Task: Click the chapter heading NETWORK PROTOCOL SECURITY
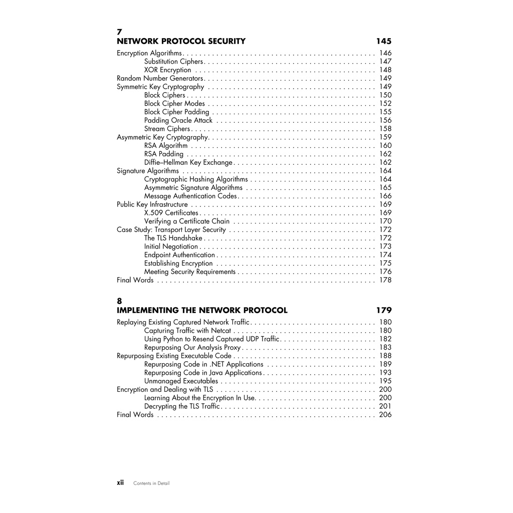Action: [x=181, y=42]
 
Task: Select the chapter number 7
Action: [x=119, y=33]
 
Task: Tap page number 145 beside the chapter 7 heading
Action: [x=384, y=42]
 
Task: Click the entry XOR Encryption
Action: [x=167, y=70]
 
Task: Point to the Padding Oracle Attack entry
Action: [x=178, y=121]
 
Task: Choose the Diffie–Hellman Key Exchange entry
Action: [x=188, y=163]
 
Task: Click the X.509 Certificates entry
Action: [x=171, y=213]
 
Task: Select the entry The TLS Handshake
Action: [x=173, y=238]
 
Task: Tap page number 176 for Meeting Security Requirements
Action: [x=385, y=272]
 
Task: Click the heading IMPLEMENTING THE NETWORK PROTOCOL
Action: [x=202, y=311]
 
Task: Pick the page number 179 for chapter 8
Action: [x=384, y=311]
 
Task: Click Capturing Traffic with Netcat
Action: [x=188, y=331]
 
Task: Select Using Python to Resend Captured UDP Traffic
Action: [x=212, y=339]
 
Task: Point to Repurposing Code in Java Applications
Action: [x=203, y=373]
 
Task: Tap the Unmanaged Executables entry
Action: [x=181, y=381]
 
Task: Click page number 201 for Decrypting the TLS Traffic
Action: [x=385, y=406]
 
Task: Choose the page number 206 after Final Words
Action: [x=385, y=415]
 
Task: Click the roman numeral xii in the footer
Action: [x=120, y=483]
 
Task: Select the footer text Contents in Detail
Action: [x=151, y=483]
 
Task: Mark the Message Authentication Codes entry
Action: [x=190, y=196]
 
